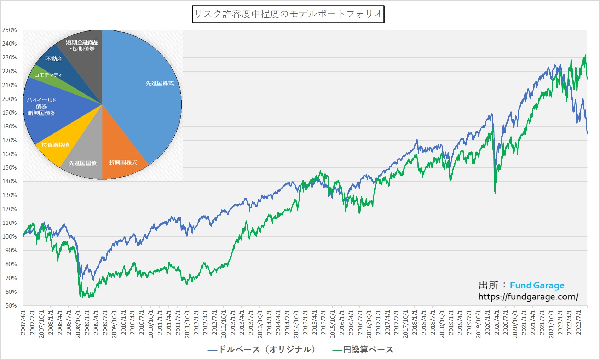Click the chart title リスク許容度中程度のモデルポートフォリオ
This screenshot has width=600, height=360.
coord(288,14)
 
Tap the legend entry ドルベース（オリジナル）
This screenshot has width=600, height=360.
coord(262,350)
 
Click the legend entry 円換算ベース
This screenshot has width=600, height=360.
coord(364,350)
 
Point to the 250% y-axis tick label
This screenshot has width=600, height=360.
coord(10,30)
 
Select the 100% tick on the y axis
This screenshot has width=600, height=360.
coord(10,236)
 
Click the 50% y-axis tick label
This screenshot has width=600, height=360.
coord(11,305)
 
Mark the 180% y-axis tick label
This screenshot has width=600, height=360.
coord(10,126)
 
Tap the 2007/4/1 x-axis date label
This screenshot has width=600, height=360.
coord(23,322)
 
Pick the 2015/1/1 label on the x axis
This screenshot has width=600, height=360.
coord(305,322)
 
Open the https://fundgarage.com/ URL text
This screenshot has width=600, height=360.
coord(528,297)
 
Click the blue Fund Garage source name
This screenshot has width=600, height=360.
coord(537,285)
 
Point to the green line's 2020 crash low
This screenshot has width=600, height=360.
coord(495,192)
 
